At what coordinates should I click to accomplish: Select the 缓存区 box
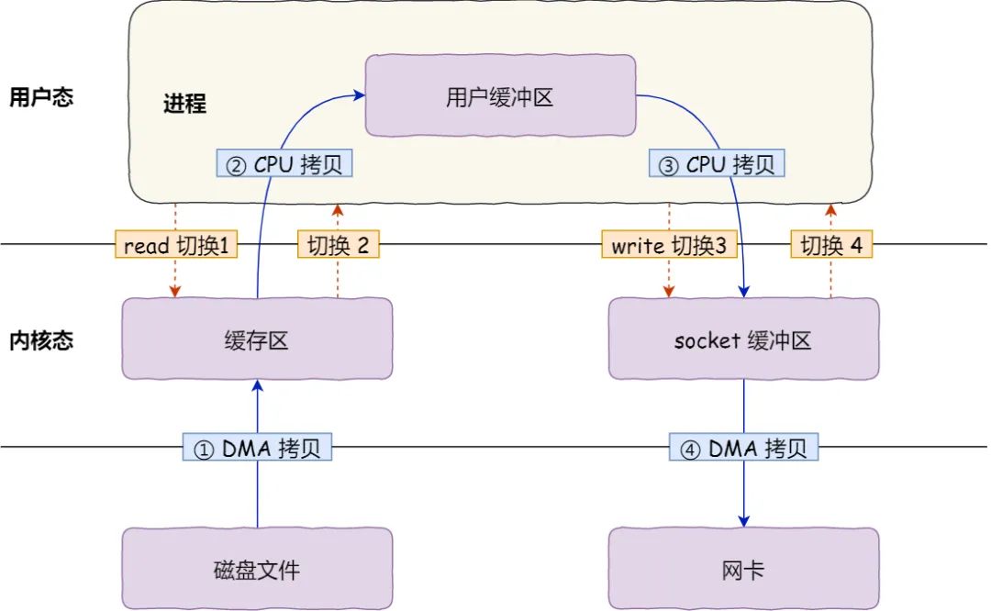point(257,340)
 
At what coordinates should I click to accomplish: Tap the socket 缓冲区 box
point(743,340)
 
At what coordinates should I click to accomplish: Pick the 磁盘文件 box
point(257,570)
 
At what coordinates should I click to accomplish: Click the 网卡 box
point(743,570)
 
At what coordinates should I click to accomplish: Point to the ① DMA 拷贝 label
point(257,448)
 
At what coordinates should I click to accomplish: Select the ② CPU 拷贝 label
point(284,164)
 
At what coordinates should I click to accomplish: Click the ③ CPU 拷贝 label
point(718,164)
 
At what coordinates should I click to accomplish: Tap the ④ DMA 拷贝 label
point(743,448)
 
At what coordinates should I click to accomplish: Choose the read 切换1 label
point(175,245)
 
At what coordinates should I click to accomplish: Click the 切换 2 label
point(338,245)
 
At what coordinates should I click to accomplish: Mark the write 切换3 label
point(669,245)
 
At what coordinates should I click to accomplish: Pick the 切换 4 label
point(831,245)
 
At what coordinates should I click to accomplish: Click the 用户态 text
point(41,97)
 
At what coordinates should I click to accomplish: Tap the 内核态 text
point(41,340)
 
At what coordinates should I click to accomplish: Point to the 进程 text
point(184,103)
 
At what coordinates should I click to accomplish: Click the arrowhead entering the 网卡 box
point(743,520)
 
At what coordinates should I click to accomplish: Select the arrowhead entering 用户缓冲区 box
point(360,93)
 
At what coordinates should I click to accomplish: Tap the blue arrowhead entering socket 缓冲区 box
point(743,292)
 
